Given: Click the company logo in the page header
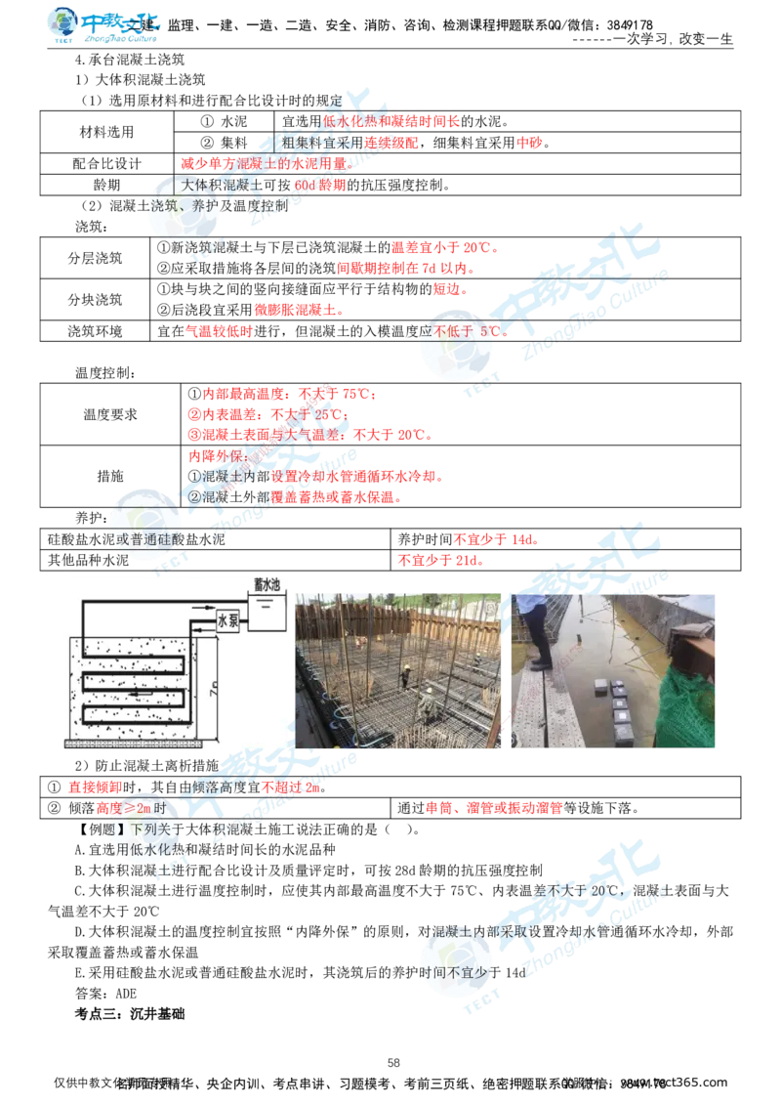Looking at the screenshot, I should pos(104,26).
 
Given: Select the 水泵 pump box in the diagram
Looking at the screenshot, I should pos(228,620).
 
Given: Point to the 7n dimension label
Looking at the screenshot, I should pos(215,691).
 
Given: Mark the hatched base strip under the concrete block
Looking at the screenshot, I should pos(132,744).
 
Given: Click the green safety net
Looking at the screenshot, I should pos(689,708).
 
